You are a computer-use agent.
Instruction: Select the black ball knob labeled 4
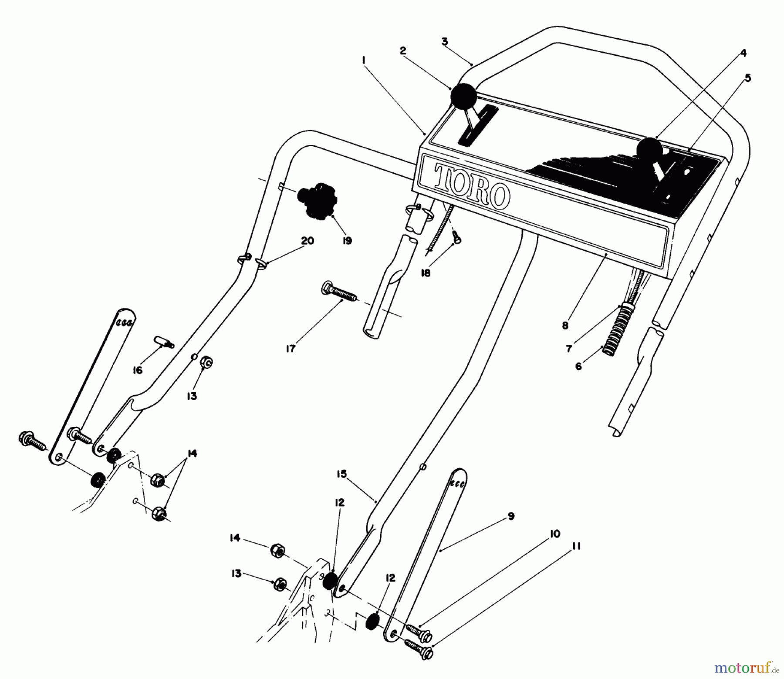[x=649, y=150]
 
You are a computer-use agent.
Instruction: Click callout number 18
[x=426, y=273]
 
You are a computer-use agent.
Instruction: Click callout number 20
[x=308, y=241]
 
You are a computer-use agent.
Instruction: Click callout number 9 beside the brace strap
[x=511, y=516]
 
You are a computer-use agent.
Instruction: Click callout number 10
[x=555, y=534]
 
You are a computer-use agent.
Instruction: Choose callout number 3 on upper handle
[x=444, y=42]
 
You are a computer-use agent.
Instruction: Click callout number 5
[x=747, y=78]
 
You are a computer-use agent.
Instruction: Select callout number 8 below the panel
[x=565, y=325]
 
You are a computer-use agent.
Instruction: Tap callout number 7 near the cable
[x=569, y=349]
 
